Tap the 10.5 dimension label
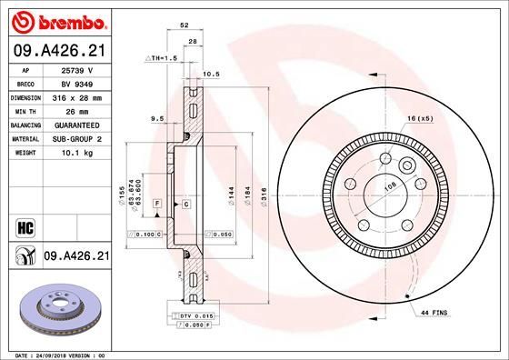tap(212, 74)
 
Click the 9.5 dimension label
tap(156, 118)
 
